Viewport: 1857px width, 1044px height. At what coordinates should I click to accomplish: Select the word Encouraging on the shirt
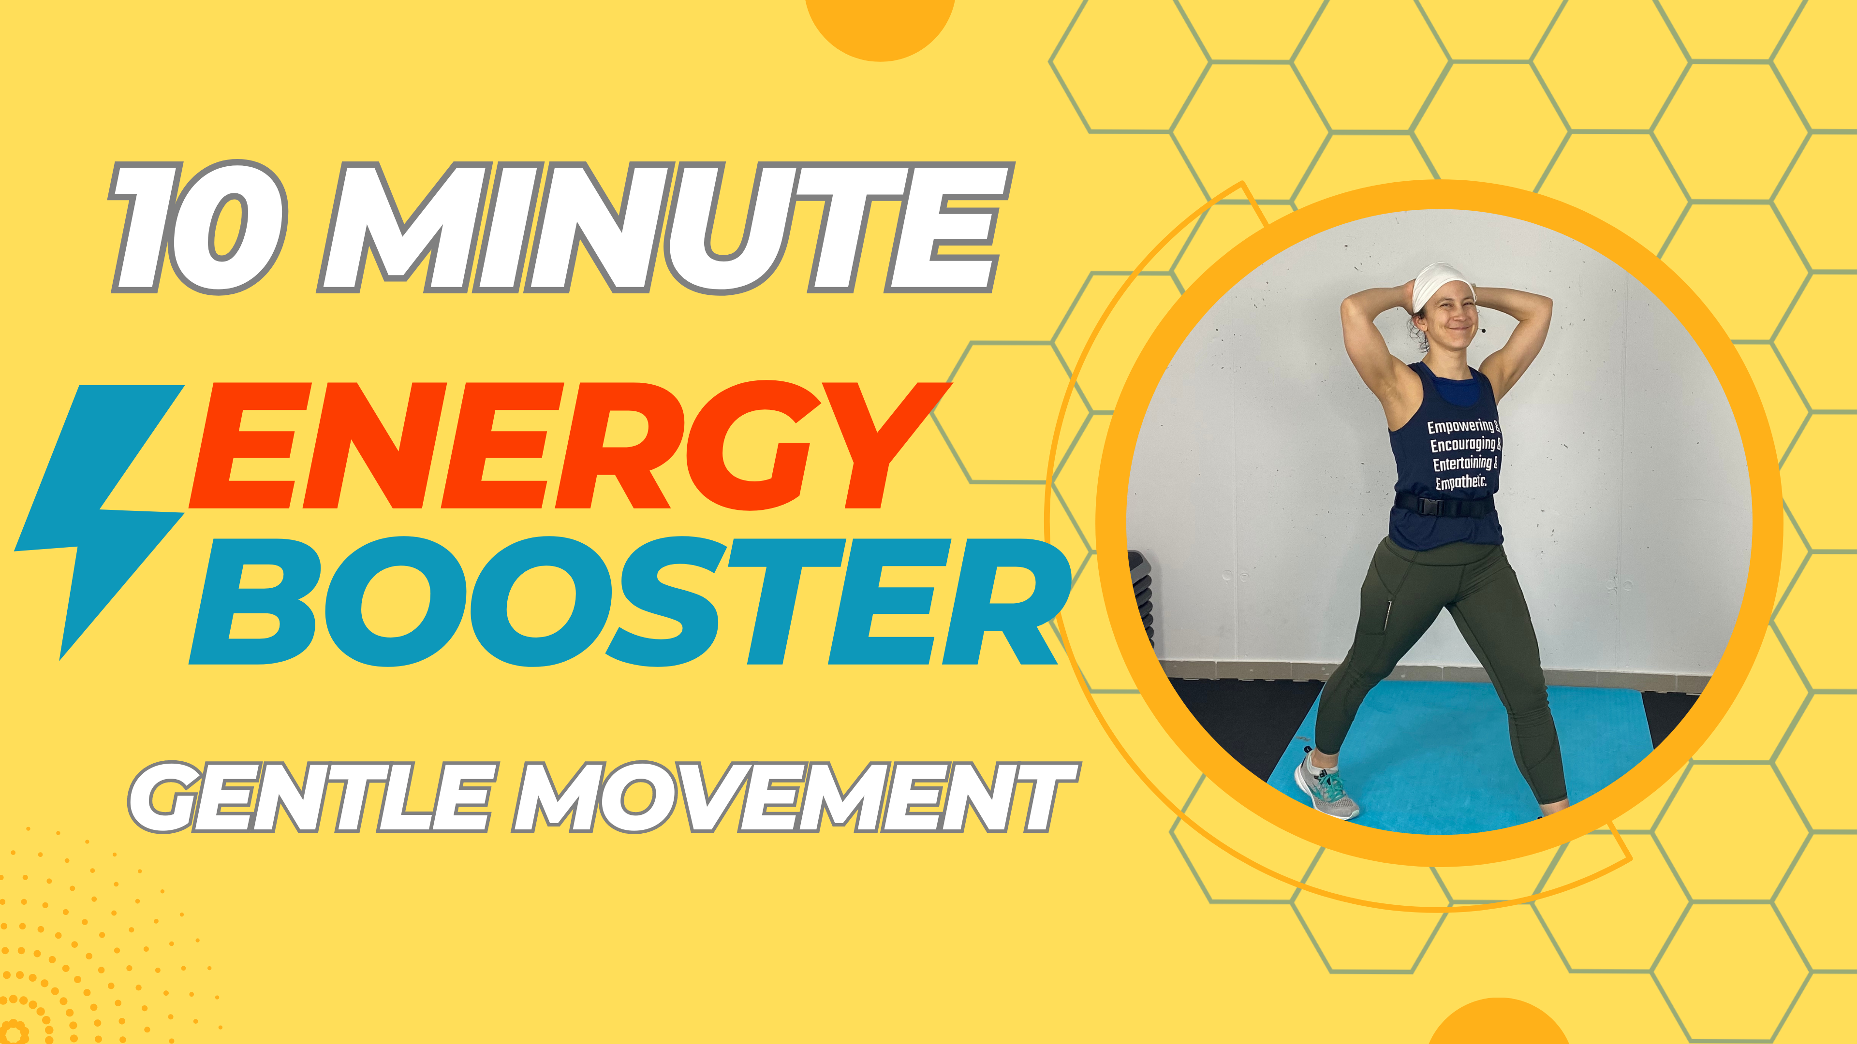tap(1463, 445)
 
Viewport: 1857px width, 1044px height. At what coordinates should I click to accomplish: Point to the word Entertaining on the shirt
tap(1463, 464)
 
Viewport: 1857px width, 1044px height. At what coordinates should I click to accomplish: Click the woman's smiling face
tap(1449, 324)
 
